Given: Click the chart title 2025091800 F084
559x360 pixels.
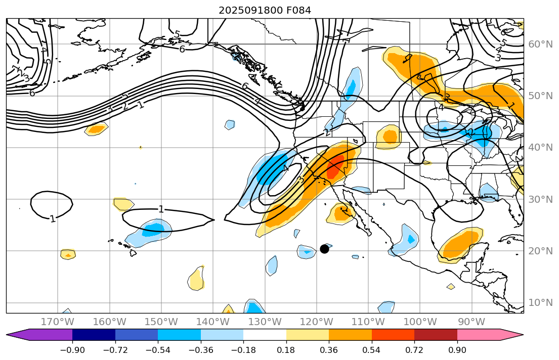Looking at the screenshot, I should (265, 10).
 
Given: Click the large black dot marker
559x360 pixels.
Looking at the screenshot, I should (324, 249).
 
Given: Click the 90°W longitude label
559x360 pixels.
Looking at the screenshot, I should (471, 322).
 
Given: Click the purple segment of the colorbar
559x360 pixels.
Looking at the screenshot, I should (46, 334).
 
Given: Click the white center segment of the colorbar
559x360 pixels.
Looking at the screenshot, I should (265, 334).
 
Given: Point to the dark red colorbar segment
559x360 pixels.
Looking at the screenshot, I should (436, 334).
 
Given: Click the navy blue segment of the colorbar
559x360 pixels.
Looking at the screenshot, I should (94, 334).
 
